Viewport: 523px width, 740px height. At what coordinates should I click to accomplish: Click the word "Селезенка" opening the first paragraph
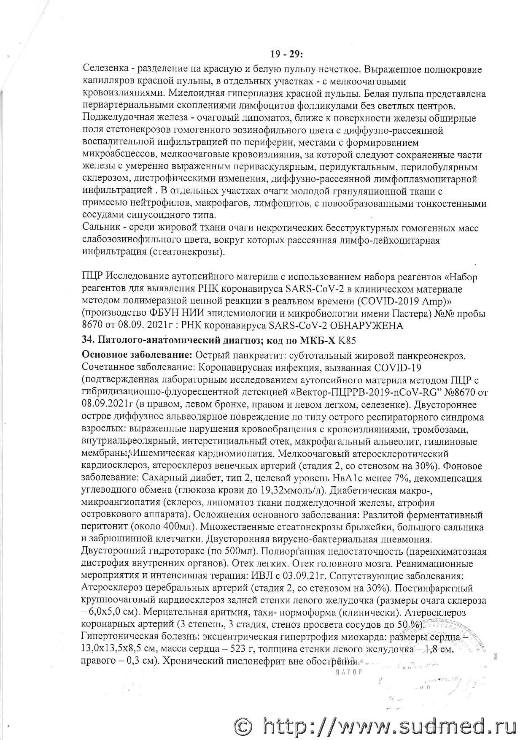(102, 69)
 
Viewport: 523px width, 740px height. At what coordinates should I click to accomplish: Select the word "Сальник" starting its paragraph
(100, 228)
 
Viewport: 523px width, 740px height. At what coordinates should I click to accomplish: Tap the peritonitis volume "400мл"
(164, 527)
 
